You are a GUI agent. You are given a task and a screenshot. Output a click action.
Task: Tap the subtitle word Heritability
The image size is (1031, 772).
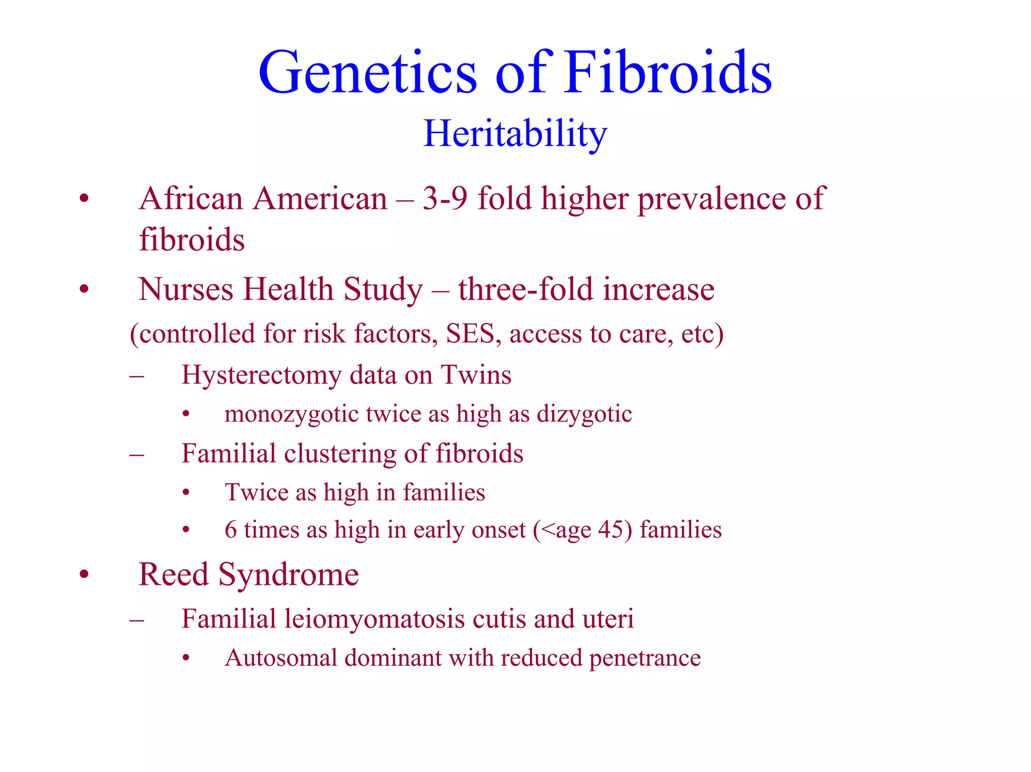(x=515, y=134)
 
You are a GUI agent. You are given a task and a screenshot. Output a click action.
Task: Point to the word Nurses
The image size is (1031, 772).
(x=186, y=290)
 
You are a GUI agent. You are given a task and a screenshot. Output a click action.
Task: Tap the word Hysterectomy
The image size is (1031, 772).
(x=261, y=375)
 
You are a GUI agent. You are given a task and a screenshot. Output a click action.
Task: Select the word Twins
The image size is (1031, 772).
(x=476, y=375)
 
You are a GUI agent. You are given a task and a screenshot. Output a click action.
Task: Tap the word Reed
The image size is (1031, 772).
(x=173, y=575)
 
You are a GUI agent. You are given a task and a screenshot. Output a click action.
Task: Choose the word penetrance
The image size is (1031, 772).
(x=645, y=658)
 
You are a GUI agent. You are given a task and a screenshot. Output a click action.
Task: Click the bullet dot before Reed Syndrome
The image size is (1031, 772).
(x=84, y=574)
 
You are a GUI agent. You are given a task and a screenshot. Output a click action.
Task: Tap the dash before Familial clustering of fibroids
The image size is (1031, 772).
(x=136, y=455)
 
